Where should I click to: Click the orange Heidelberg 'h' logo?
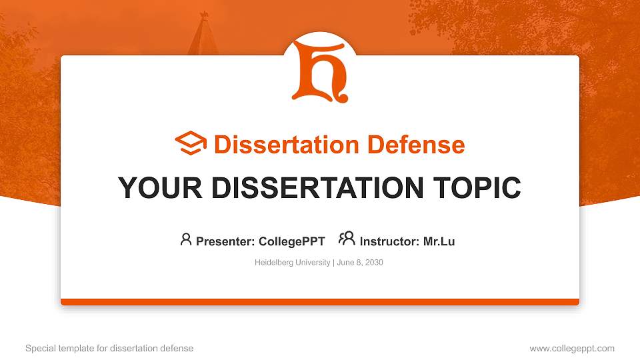tap(320, 71)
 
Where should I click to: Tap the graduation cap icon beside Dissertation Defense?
tap(191, 143)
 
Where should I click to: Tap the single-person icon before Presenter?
tap(186, 239)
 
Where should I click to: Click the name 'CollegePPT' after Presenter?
tap(291, 241)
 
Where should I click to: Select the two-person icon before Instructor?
tap(347, 239)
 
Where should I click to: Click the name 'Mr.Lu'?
tap(439, 241)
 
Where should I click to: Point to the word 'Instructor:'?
tap(389, 241)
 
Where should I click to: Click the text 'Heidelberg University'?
tap(292, 263)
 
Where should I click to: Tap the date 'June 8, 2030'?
tap(360, 263)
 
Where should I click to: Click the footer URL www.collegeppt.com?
tap(572, 348)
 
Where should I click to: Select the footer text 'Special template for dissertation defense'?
tap(109, 348)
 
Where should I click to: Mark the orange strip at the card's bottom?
tap(320, 302)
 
